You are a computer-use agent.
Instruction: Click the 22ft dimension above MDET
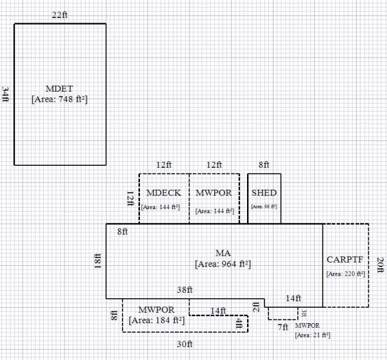click(59, 14)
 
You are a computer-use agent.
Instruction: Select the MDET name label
click(59, 88)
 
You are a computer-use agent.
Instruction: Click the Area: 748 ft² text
click(59, 99)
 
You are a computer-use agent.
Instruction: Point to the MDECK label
click(163, 193)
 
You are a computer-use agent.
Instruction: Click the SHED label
click(264, 193)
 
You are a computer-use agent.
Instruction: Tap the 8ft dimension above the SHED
click(264, 165)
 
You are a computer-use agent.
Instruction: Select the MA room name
click(223, 252)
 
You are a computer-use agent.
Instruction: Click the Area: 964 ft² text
click(223, 263)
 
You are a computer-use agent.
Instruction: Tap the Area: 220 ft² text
click(346, 274)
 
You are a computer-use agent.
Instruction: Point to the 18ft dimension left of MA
click(98, 261)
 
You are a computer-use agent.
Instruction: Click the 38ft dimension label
click(185, 290)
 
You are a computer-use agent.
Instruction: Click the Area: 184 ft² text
click(157, 319)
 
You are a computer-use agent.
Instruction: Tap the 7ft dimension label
click(283, 327)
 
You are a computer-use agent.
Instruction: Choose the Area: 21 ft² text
click(313, 335)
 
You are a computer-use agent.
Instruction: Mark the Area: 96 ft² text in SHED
click(264, 206)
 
